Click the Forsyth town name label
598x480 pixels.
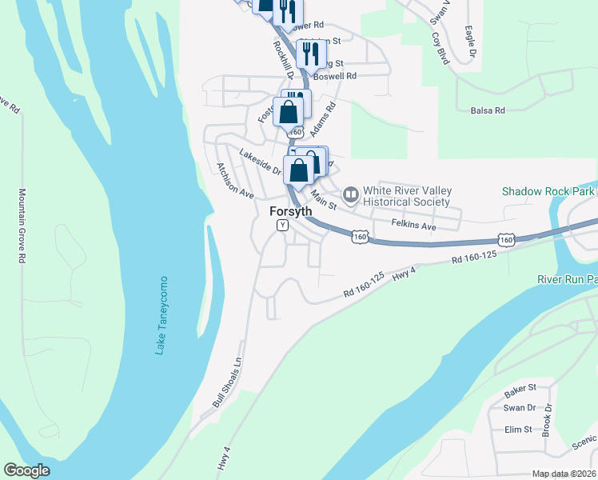click(290, 211)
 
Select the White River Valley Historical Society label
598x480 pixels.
click(407, 196)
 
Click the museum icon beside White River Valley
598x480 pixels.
click(350, 194)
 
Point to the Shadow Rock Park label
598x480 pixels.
click(548, 191)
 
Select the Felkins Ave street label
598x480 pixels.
click(413, 226)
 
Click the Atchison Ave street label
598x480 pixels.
click(234, 181)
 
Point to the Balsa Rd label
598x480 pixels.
click(488, 110)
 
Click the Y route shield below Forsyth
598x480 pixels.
click(282, 226)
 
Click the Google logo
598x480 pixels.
click(26, 470)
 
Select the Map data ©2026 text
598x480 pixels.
click(564, 474)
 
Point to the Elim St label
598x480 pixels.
click(518, 430)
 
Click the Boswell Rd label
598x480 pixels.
click(335, 76)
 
